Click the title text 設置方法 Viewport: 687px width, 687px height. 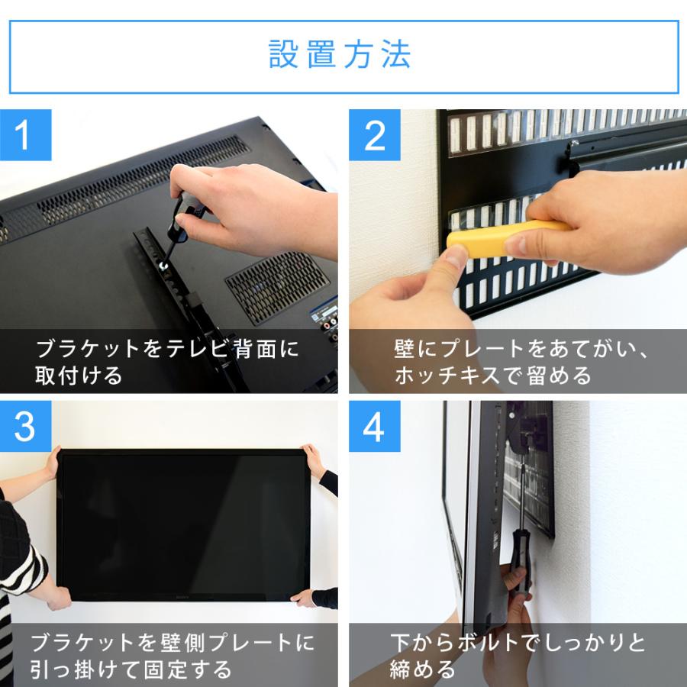(340, 56)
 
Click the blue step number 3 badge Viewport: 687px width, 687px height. (25, 427)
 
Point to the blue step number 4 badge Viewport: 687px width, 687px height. (375, 427)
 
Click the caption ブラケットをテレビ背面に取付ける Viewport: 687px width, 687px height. (168, 363)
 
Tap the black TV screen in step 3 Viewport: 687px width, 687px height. (183, 519)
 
